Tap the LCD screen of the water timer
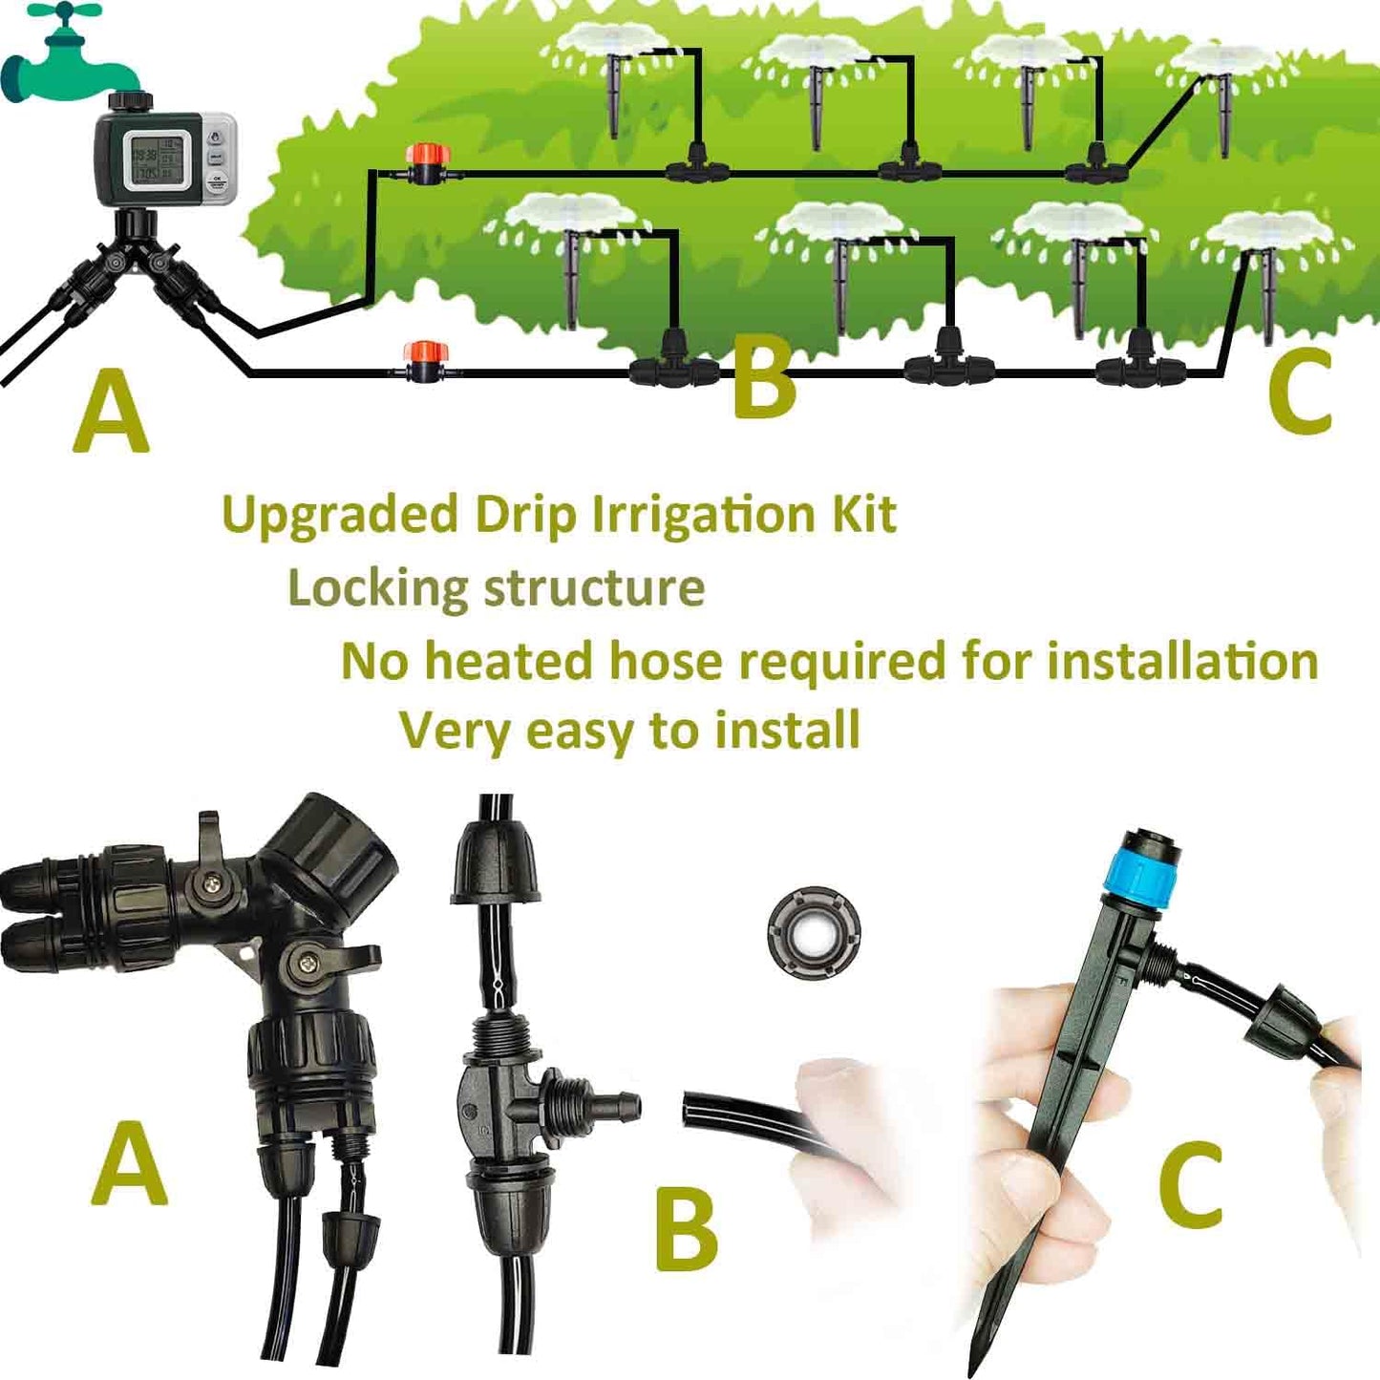[x=148, y=159]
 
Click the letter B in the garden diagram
[x=763, y=380]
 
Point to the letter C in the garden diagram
[x=1299, y=391]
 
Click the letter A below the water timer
[x=112, y=414]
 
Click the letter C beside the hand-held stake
[x=1190, y=1185]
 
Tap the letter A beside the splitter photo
[x=129, y=1164]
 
